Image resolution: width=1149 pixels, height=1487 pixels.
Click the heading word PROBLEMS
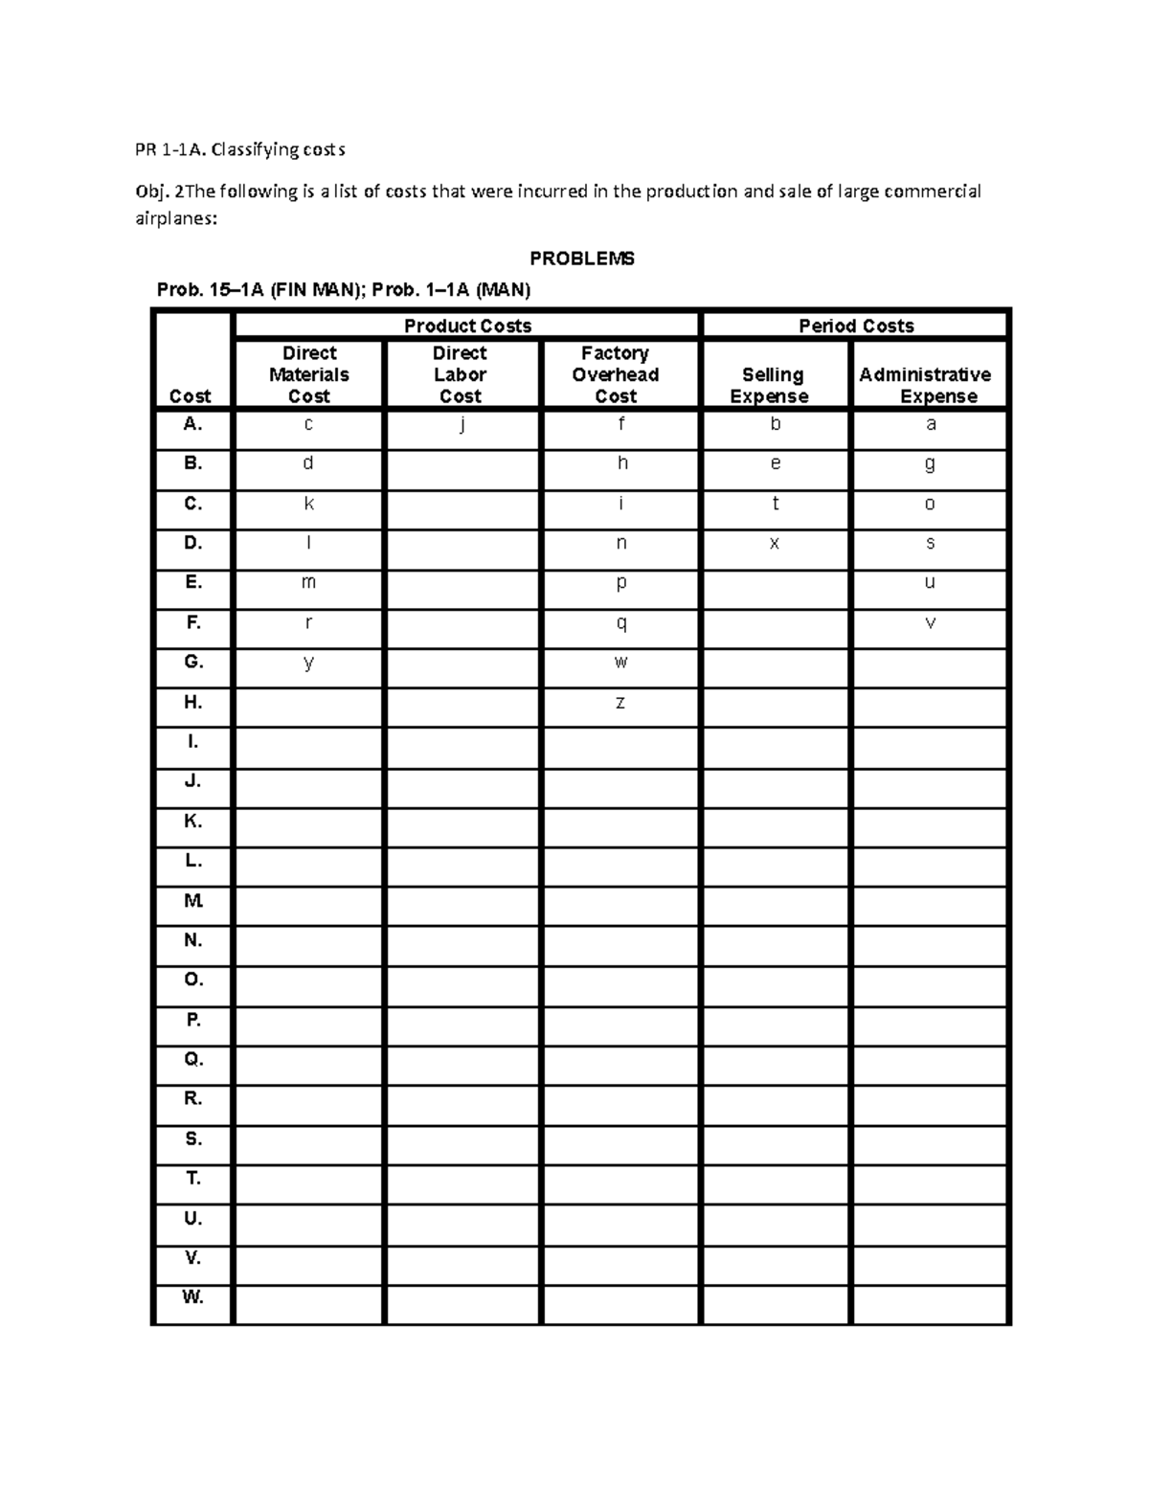(x=582, y=259)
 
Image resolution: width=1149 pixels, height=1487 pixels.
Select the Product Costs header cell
(x=467, y=326)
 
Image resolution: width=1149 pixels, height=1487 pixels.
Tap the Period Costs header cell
(x=856, y=326)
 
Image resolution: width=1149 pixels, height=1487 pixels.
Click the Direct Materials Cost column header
(x=308, y=374)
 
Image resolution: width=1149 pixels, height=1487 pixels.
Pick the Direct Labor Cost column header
(x=460, y=374)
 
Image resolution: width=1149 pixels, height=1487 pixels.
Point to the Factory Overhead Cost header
(x=615, y=374)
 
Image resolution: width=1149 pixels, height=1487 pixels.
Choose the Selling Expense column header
(x=772, y=385)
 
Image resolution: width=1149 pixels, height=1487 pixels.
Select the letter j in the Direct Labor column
(x=462, y=425)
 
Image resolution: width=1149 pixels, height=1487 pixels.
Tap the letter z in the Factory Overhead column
(x=620, y=703)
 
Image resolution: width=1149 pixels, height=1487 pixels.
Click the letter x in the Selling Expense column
(x=775, y=544)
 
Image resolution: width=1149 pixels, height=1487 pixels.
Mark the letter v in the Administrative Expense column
(x=930, y=623)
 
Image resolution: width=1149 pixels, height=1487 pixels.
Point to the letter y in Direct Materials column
(x=308, y=664)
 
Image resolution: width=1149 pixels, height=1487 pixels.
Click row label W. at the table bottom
(x=192, y=1297)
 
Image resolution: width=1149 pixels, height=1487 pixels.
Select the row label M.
(x=192, y=900)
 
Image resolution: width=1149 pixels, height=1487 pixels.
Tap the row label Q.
(x=192, y=1059)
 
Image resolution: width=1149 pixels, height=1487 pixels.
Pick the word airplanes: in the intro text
(x=175, y=218)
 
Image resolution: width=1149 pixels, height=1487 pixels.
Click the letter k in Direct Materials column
(x=308, y=504)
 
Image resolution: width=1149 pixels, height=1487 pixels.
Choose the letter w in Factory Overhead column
(x=620, y=663)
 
